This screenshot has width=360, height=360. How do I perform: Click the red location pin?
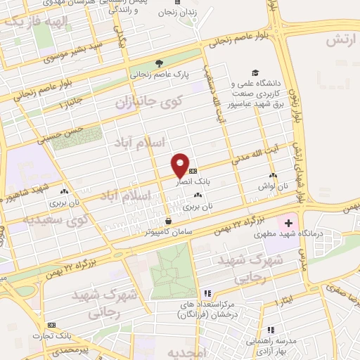tap(181, 165)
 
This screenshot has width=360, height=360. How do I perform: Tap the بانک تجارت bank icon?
tap(51, 326)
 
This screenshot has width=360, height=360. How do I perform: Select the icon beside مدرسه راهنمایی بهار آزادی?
tap(271, 330)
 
